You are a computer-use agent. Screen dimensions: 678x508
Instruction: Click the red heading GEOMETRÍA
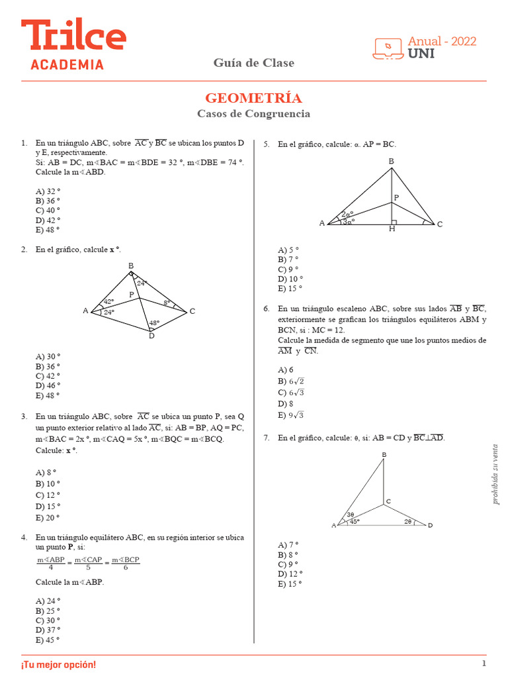click(253, 98)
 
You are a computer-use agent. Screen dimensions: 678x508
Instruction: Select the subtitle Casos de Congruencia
click(253, 114)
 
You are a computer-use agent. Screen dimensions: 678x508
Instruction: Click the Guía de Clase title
click(253, 63)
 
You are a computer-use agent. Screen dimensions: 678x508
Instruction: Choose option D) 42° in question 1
click(48, 220)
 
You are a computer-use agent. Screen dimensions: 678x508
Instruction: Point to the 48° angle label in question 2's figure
click(153, 323)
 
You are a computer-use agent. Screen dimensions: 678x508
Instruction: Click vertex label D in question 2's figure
click(151, 336)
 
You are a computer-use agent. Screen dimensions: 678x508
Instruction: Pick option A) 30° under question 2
click(48, 356)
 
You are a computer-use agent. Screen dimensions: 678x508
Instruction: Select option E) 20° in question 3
click(48, 518)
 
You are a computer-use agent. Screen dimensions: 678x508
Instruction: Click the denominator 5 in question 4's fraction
click(88, 567)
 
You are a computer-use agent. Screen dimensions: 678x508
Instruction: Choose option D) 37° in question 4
click(48, 630)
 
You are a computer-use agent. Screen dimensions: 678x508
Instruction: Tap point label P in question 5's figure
click(396, 197)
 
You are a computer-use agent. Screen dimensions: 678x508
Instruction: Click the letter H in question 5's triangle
click(392, 229)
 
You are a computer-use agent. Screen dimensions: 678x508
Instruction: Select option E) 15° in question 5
click(290, 289)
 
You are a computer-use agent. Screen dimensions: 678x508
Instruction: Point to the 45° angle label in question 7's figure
click(355, 521)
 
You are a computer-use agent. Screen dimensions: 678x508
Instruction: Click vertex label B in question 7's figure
click(384, 454)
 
